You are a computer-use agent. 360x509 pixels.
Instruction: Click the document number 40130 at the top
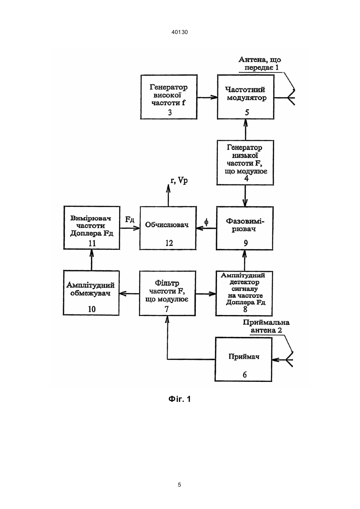pos(179,32)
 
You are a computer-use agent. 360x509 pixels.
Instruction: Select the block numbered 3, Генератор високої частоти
pos(169,97)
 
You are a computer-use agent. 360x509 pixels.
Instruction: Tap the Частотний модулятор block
pos(245,97)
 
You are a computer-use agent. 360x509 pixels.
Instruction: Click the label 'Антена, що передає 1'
pos(260,64)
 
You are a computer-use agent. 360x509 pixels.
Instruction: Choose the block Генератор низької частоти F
pos(245,162)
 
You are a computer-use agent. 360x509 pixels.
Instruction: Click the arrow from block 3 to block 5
pos(207,97)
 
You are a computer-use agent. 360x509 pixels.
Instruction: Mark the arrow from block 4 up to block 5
pos(245,130)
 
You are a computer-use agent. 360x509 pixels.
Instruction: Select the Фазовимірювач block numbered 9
pos(245,228)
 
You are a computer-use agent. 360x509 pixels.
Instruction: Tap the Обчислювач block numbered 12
pos(168,228)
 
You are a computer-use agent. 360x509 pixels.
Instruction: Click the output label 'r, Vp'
pos(179,180)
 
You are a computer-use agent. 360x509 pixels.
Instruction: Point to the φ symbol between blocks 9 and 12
pos(206,222)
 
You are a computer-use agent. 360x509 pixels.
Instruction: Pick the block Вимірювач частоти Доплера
pos(92,228)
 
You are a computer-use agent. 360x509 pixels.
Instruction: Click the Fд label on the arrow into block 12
pos(130,220)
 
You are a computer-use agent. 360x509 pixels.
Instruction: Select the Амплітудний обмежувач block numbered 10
pos(91,293)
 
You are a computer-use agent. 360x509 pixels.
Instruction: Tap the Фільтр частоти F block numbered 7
pos(167,293)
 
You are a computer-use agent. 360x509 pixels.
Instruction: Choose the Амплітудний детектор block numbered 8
pos(244,293)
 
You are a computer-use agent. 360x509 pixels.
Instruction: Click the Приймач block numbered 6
pos(243,359)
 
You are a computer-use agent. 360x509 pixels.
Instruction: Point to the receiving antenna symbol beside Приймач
pos(289,360)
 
